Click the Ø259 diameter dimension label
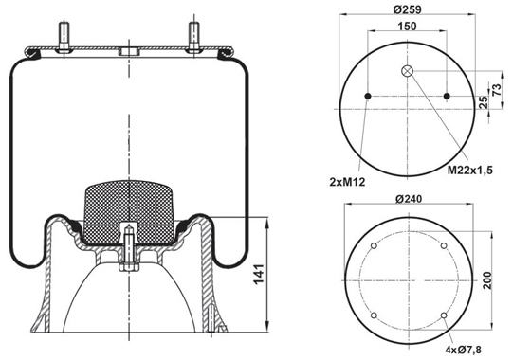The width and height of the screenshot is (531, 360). [407, 9]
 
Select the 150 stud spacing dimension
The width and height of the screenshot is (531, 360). [407, 27]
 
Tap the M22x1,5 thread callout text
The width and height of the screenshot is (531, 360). [469, 170]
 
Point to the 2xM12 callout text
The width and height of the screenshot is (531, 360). [347, 182]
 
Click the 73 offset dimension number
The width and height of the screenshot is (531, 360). [496, 90]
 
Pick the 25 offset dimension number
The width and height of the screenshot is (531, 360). [485, 102]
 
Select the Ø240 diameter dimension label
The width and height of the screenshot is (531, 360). [409, 199]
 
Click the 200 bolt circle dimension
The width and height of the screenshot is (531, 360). [487, 280]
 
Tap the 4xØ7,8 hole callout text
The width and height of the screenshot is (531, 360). [464, 350]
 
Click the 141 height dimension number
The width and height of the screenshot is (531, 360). [259, 274]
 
